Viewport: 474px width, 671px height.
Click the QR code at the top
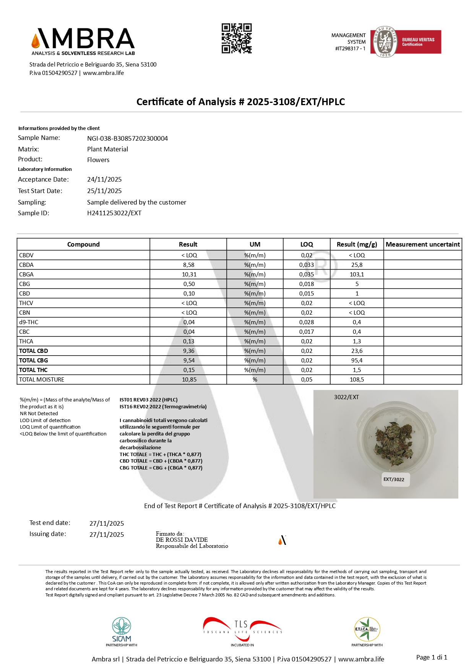[x=237, y=38]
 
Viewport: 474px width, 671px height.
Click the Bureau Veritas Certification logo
[x=406, y=42]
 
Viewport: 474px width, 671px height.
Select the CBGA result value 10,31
[x=189, y=275]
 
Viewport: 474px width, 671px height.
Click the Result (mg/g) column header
[x=357, y=244]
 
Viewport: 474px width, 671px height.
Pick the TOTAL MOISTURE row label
[x=42, y=380]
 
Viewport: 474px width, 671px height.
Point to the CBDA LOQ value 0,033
[x=307, y=265]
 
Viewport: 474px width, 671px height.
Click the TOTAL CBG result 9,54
[x=189, y=361]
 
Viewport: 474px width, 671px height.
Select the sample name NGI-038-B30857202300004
[x=127, y=138]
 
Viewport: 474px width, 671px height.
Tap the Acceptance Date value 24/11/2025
[x=104, y=179]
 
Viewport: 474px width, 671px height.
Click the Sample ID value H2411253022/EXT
[x=114, y=213]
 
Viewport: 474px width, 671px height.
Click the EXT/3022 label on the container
[x=394, y=479]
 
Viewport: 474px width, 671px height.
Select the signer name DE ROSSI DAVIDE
[x=182, y=540]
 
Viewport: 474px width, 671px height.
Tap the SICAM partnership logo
[x=122, y=631]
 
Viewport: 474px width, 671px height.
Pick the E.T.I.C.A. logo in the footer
[x=367, y=630]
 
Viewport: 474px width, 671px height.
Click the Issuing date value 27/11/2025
[x=107, y=535]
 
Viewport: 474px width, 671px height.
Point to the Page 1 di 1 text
[x=432, y=657]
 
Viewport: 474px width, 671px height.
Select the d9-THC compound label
[x=29, y=322]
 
